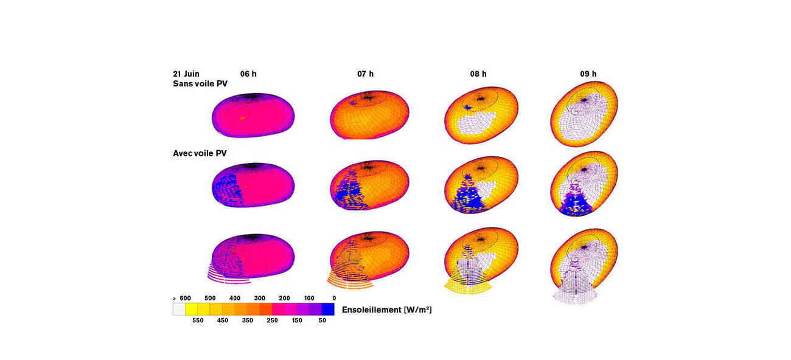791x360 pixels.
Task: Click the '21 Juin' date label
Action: coord(186,74)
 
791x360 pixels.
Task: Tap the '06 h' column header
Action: coord(248,74)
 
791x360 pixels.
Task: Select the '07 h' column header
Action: coord(365,74)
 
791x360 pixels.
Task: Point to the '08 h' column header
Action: coord(478,74)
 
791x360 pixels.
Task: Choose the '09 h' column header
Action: coord(588,74)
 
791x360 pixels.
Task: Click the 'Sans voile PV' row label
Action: coord(200,84)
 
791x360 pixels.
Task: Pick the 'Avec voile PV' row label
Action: coord(200,153)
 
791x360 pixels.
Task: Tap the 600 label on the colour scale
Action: coord(185,298)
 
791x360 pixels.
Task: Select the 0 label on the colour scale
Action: coord(333,298)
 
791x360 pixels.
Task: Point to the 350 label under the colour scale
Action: coord(248,320)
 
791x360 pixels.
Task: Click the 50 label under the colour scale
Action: coord(322,320)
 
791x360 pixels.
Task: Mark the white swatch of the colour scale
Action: coord(179,310)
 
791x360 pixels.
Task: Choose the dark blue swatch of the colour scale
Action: coord(328,310)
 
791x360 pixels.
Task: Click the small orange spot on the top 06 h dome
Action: coord(243,118)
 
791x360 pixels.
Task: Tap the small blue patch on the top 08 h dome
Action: coord(468,107)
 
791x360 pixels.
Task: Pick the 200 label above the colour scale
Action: coord(284,298)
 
